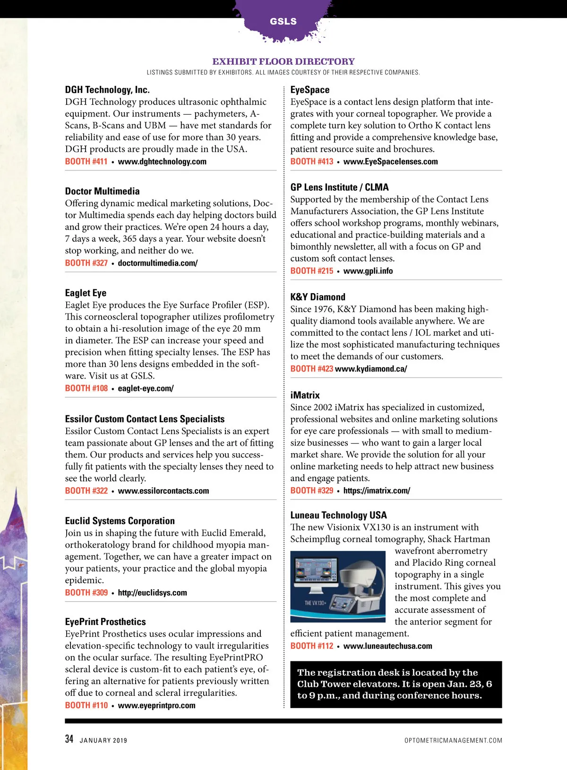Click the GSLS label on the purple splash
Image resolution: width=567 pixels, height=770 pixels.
pos(283,21)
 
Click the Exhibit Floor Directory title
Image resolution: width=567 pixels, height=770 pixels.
pos(283,61)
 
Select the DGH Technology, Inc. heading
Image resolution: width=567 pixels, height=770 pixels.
pos(107,90)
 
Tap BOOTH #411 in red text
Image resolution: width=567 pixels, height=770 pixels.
pos(86,161)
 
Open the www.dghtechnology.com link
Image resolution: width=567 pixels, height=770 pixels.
pos(162,161)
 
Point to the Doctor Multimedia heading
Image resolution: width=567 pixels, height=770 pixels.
pos(102,191)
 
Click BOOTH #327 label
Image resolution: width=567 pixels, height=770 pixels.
pos(86,263)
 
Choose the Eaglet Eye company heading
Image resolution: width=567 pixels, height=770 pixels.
pos(86,293)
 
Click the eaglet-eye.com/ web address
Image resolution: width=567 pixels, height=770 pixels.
pos(146,389)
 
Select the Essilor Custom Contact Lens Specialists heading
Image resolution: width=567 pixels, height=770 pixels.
pos(145,419)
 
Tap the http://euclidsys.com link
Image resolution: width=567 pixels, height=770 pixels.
pos(152,592)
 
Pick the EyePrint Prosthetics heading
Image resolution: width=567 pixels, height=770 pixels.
pos(105,622)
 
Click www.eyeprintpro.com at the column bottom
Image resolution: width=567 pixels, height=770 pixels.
pos(156,705)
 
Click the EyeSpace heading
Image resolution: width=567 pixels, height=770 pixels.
pos(310,90)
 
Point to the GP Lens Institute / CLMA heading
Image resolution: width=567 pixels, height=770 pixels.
pos(339,187)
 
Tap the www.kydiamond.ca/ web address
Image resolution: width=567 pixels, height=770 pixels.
pos(371,369)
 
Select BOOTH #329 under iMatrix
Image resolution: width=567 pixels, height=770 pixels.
pos(312,491)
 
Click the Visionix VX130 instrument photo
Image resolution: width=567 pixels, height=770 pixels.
pos(338,586)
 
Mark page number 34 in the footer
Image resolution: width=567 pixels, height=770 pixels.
pos(69,739)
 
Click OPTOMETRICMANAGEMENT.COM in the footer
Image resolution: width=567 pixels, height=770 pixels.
pos(453,740)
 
